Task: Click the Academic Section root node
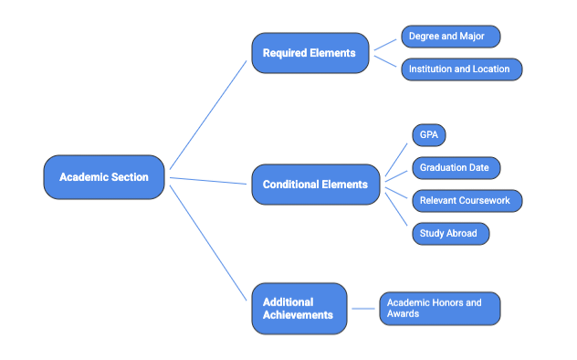coord(103,177)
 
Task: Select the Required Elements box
coord(309,53)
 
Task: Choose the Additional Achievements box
coord(299,308)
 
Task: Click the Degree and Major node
coord(450,37)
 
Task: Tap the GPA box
coord(428,135)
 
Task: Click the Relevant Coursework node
coord(467,201)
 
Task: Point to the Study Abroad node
coord(449,234)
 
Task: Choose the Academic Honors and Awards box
coord(439,308)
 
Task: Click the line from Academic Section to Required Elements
coord(208,114)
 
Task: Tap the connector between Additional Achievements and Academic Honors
coord(363,308)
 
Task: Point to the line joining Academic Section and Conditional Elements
coord(208,180)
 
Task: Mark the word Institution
coord(432,69)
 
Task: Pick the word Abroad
coord(462,234)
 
